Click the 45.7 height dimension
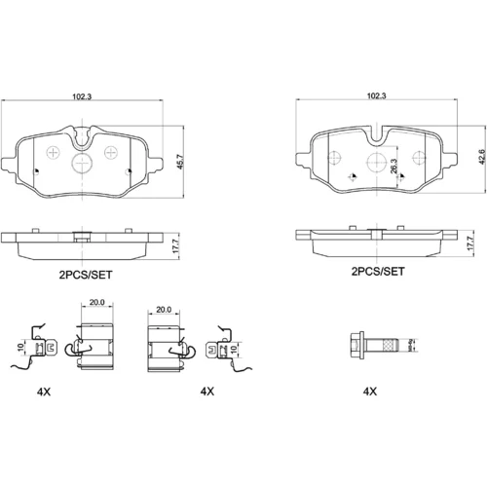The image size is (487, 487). [x=181, y=162]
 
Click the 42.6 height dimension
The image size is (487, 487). [x=483, y=157]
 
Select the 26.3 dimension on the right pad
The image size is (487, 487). [x=393, y=166]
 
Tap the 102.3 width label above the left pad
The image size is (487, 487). [x=82, y=96]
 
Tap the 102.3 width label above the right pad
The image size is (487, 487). [x=377, y=95]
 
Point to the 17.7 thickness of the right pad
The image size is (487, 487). [x=470, y=243]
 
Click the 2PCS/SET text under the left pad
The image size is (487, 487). [x=86, y=275]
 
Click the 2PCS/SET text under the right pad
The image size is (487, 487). [x=378, y=271]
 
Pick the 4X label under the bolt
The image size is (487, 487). [x=370, y=392]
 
